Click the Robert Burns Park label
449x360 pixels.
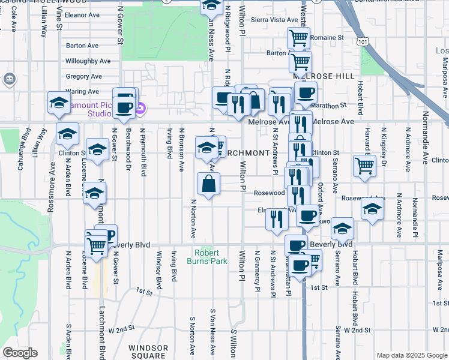(x=211, y=257)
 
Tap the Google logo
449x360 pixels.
(x=20, y=353)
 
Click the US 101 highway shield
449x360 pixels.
(x=362, y=43)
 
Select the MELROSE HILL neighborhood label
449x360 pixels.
(x=316, y=77)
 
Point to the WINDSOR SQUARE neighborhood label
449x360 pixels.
(x=148, y=352)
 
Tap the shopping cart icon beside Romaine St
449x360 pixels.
(x=298, y=38)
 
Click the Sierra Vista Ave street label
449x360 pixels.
(x=270, y=19)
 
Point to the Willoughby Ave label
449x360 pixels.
(x=88, y=61)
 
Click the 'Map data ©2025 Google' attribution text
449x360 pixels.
(x=412, y=355)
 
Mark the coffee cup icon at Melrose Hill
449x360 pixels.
(x=306, y=92)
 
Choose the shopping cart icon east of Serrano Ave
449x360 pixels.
(x=364, y=166)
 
